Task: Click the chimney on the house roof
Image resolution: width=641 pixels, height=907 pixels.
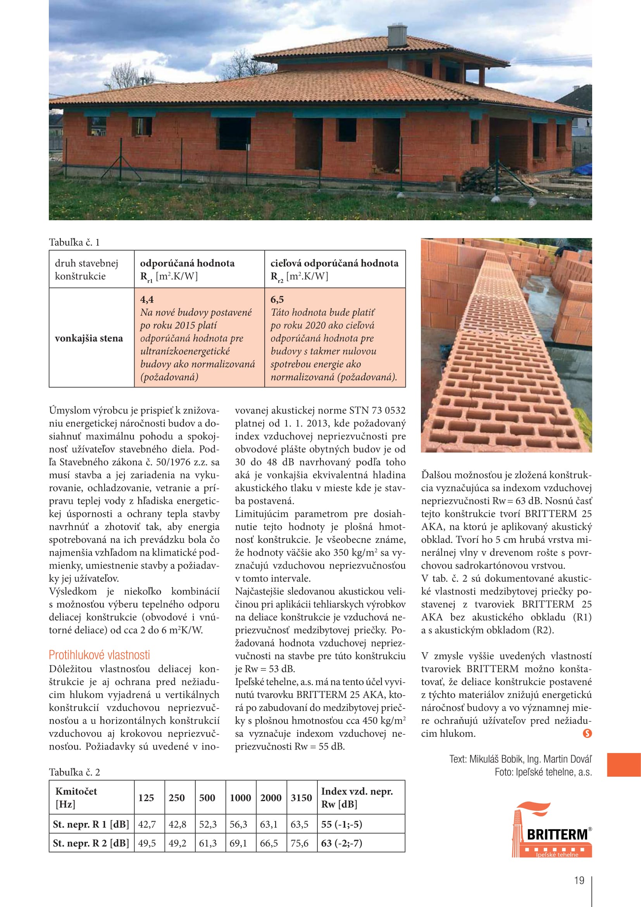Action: [x=397, y=36]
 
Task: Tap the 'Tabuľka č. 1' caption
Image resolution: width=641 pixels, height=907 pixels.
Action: [x=74, y=242]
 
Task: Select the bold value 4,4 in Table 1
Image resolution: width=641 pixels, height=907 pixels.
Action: [x=147, y=299]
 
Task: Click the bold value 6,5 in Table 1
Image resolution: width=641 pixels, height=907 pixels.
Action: [x=277, y=299]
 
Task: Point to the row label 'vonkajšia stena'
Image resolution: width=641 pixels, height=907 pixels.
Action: [x=89, y=338]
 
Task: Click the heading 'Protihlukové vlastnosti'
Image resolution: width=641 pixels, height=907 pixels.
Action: [x=99, y=655]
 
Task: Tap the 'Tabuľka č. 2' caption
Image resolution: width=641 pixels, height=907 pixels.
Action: [x=74, y=772]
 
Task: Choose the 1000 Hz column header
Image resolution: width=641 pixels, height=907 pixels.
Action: [x=240, y=798]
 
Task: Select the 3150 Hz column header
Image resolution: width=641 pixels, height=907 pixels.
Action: [x=301, y=798]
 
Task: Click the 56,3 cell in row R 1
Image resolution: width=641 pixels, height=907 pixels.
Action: [x=238, y=824]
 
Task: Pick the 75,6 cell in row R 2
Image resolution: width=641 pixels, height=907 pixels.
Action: [x=299, y=843]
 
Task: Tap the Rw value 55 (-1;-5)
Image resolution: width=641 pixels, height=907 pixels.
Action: [x=341, y=824]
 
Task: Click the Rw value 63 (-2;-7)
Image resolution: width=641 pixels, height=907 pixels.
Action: [x=341, y=843]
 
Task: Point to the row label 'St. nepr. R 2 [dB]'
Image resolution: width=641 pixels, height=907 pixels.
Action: [x=91, y=843]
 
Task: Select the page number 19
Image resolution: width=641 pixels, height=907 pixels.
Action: [x=579, y=881]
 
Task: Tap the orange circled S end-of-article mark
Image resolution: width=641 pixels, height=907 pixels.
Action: [x=587, y=734]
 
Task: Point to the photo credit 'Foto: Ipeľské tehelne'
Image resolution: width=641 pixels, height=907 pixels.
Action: [x=543, y=772]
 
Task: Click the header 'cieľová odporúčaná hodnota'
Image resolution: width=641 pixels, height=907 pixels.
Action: [x=334, y=263]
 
